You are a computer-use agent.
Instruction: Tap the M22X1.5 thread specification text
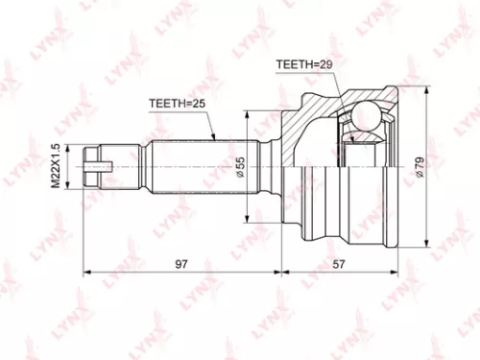coord(56,165)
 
